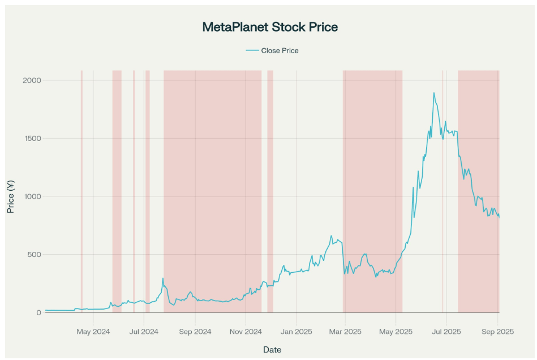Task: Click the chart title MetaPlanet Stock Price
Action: click(x=270, y=27)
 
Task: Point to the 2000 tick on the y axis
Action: click(x=32, y=80)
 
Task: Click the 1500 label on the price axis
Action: click(x=32, y=139)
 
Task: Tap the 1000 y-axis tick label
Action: click(x=32, y=196)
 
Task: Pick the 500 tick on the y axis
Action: click(x=35, y=255)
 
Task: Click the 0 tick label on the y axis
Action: click(x=39, y=312)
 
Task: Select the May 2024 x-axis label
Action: click(x=93, y=331)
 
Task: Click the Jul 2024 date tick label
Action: click(x=144, y=331)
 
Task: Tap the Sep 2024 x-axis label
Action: click(x=195, y=331)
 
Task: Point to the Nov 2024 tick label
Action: click(x=246, y=331)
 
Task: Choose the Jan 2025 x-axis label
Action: click(x=296, y=331)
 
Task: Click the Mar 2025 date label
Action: click(x=345, y=331)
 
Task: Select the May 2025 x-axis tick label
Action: click(x=396, y=331)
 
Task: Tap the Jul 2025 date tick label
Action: click(x=446, y=331)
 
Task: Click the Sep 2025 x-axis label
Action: click(x=497, y=331)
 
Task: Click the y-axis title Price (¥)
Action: click(x=11, y=196)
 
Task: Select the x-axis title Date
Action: click(x=272, y=349)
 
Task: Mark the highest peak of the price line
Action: click(x=434, y=93)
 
